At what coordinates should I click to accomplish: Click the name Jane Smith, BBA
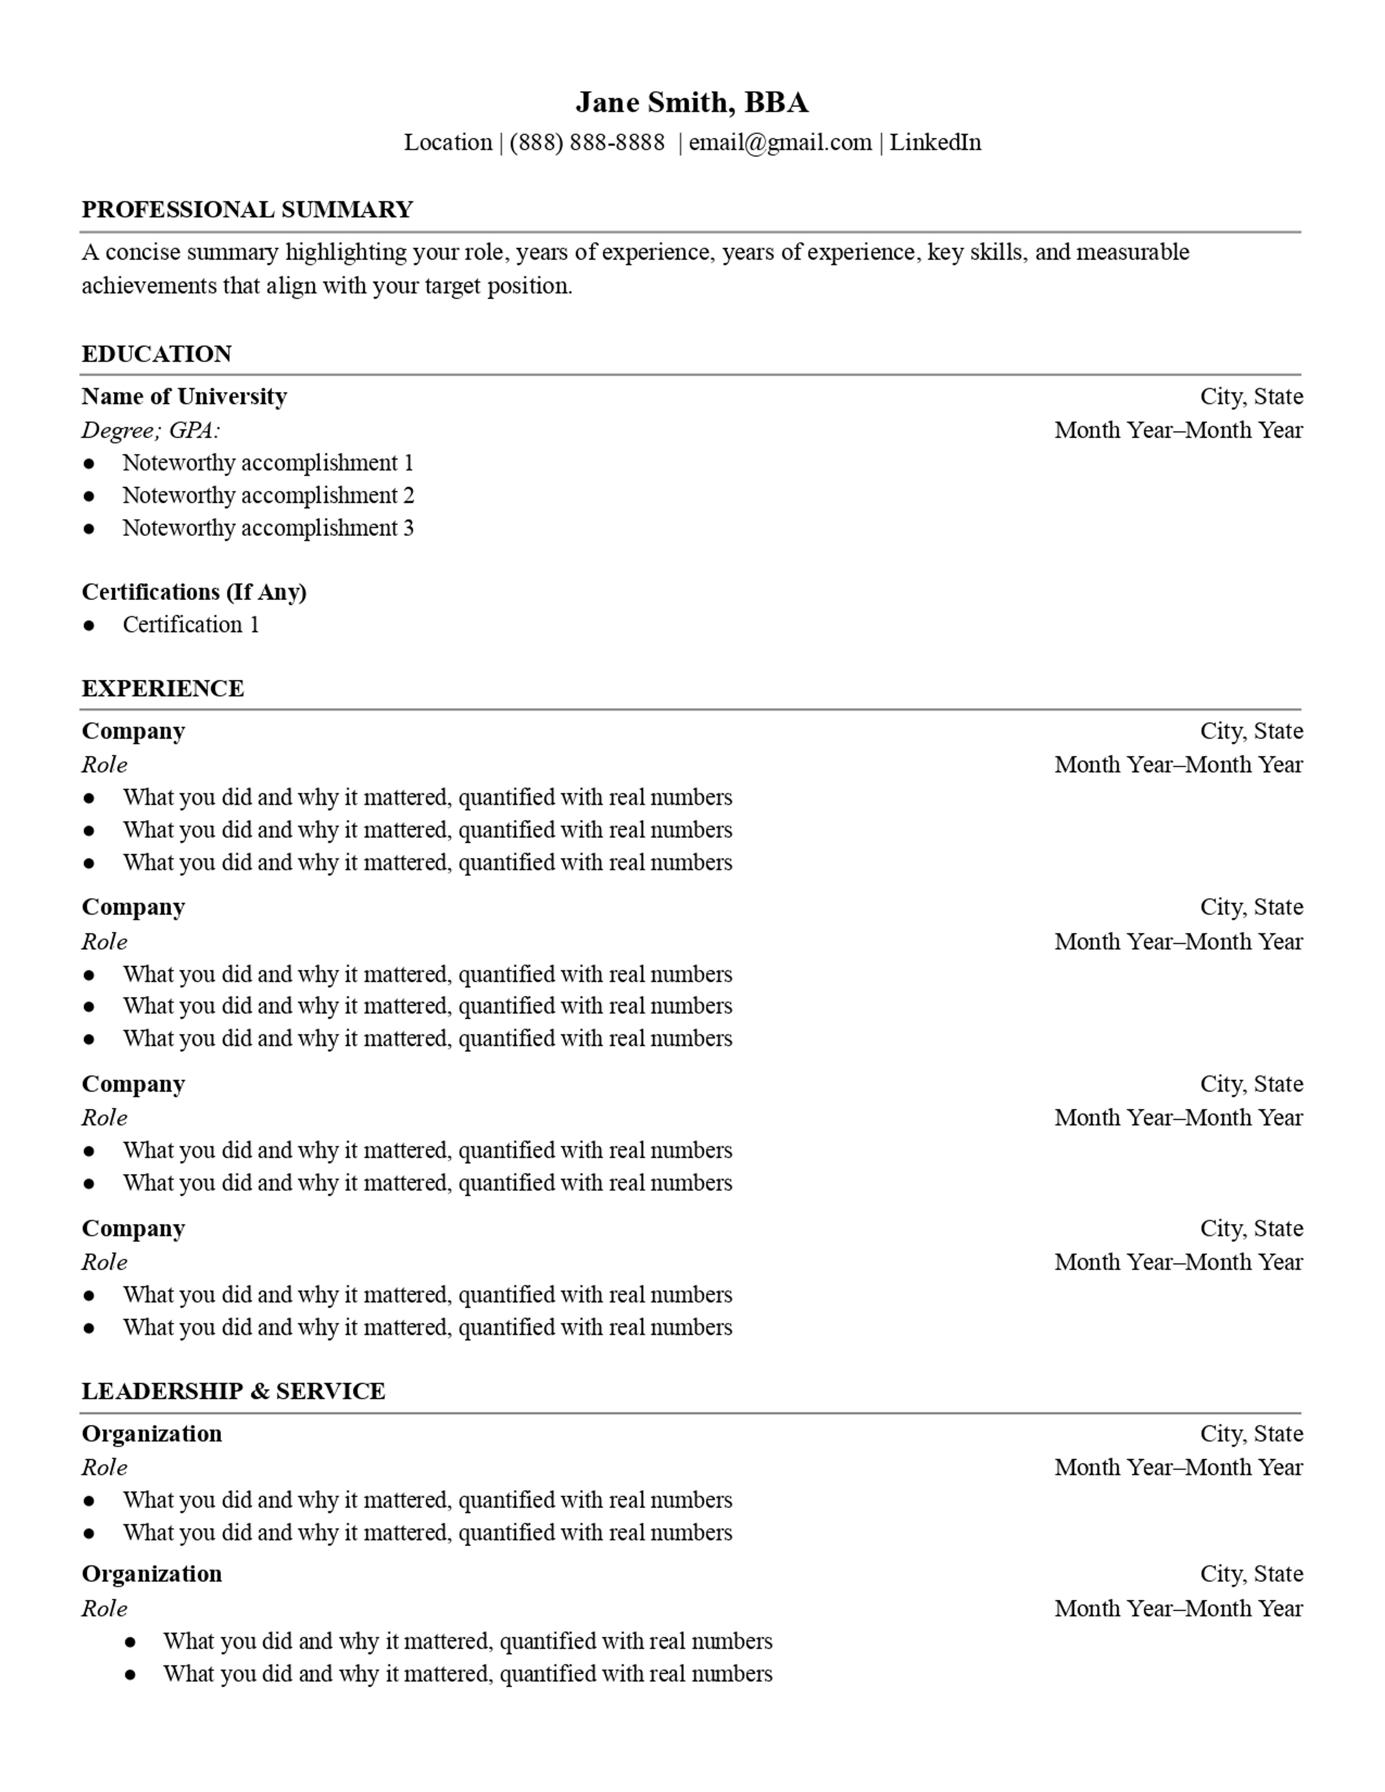(x=692, y=102)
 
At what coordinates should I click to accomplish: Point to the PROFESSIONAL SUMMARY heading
(x=247, y=210)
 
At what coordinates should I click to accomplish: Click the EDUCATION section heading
(x=157, y=355)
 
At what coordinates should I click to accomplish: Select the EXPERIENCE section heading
(x=162, y=688)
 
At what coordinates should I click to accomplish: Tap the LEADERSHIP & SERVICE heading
(x=233, y=1392)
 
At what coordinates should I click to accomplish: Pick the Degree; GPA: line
(x=151, y=431)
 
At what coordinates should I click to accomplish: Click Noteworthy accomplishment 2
(x=268, y=496)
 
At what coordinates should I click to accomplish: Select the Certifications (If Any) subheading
(x=194, y=593)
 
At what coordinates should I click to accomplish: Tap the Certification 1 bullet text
(x=191, y=625)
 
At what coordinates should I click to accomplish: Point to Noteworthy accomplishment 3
(x=268, y=528)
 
